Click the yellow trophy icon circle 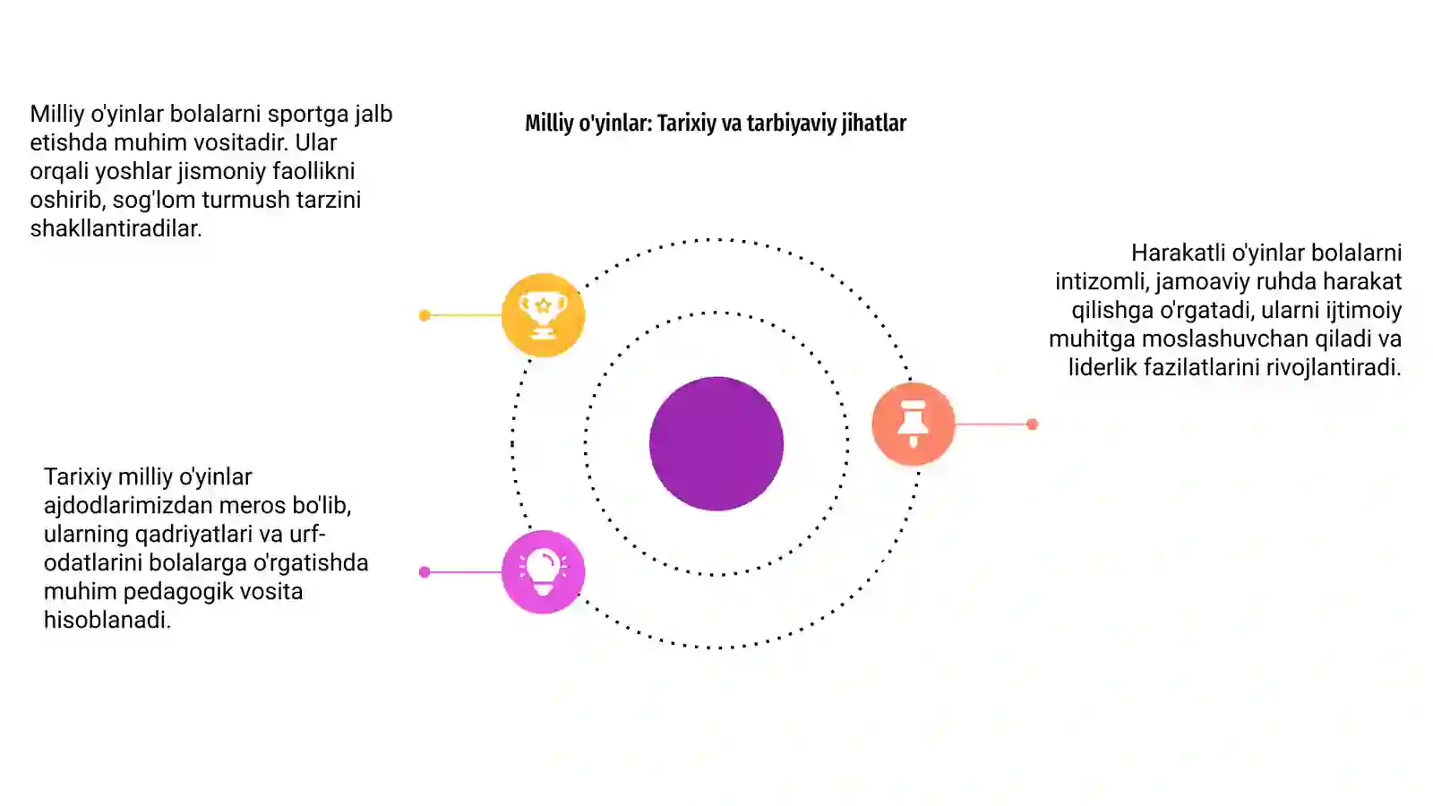click(x=543, y=314)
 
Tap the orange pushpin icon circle click(x=914, y=424)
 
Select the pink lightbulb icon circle click(x=543, y=572)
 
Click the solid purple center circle click(x=716, y=444)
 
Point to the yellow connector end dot click(x=425, y=315)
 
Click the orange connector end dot click(x=1032, y=424)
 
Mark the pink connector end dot click(x=425, y=572)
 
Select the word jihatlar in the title click(x=874, y=124)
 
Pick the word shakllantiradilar click(x=116, y=228)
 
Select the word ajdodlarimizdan click(x=119, y=505)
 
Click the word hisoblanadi click(x=107, y=620)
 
